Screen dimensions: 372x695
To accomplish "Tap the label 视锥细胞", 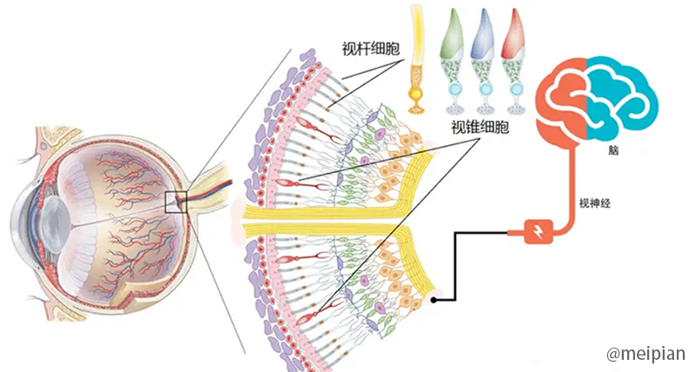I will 480,128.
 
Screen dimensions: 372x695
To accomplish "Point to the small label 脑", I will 615,150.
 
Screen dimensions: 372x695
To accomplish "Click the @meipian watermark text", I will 645,354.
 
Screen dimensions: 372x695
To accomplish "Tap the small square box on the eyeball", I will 176,202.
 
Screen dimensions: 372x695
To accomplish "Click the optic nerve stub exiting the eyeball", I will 213,187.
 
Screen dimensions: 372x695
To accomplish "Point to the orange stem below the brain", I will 573,191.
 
